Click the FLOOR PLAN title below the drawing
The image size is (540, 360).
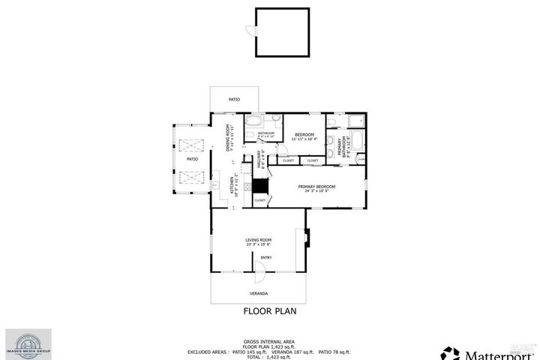270,310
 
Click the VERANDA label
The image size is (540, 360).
259,293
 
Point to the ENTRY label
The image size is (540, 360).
265,257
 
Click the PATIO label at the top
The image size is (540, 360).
234,99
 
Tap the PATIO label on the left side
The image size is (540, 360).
192,159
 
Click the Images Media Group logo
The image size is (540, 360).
29,343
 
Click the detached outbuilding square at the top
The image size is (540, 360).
282,31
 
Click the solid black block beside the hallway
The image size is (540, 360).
259,186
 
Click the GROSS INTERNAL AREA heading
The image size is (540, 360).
269,340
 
